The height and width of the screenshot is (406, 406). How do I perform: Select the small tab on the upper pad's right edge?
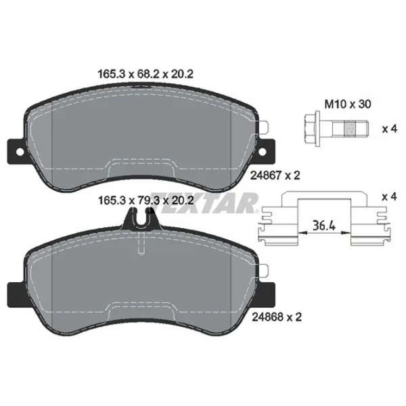point(267,125)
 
